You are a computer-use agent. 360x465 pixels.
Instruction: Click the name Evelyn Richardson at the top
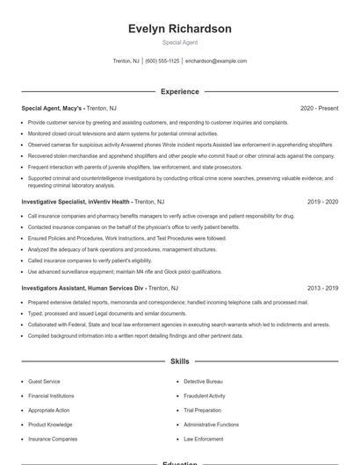click(x=180, y=29)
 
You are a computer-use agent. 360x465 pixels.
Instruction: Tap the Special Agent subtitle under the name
click(x=180, y=42)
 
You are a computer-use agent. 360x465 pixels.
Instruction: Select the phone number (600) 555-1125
click(x=162, y=61)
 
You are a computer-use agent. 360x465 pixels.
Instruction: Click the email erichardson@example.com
click(x=216, y=61)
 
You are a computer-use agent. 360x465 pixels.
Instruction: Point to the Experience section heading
click(x=180, y=91)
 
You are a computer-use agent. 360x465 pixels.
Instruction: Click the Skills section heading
click(x=180, y=361)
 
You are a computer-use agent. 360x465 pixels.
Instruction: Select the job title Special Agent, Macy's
click(x=52, y=108)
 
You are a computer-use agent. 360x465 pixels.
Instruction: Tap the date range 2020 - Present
click(x=319, y=108)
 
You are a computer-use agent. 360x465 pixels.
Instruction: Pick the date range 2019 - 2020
click(x=322, y=202)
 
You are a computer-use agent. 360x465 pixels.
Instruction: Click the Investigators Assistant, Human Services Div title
click(x=83, y=288)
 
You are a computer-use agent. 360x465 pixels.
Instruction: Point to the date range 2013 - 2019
click(x=322, y=288)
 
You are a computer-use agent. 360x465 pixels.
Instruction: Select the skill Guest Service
click(x=44, y=382)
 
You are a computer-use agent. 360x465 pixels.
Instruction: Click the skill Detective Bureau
click(x=203, y=382)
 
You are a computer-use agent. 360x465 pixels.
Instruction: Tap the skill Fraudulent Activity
click(x=205, y=396)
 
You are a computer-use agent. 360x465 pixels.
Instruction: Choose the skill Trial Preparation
click(x=202, y=410)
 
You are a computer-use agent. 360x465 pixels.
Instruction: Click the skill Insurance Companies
click(x=53, y=438)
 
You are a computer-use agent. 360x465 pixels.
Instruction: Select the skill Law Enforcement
click(x=204, y=438)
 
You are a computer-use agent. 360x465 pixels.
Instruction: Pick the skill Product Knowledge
click(x=49, y=424)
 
